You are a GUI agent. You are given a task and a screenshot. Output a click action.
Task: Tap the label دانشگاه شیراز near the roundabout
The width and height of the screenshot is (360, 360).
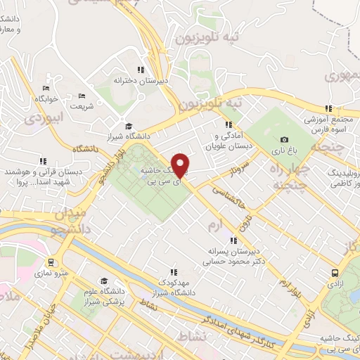click(127, 136)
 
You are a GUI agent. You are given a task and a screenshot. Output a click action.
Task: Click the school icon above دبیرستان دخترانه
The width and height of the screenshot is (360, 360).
click(141, 70)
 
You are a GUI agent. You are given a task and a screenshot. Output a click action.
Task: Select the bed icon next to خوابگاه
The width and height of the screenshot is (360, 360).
click(46, 88)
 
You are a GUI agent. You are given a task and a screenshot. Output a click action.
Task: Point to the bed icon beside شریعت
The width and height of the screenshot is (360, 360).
click(82, 96)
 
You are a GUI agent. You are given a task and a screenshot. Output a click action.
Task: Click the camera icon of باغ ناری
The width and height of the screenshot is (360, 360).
click(284, 139)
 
